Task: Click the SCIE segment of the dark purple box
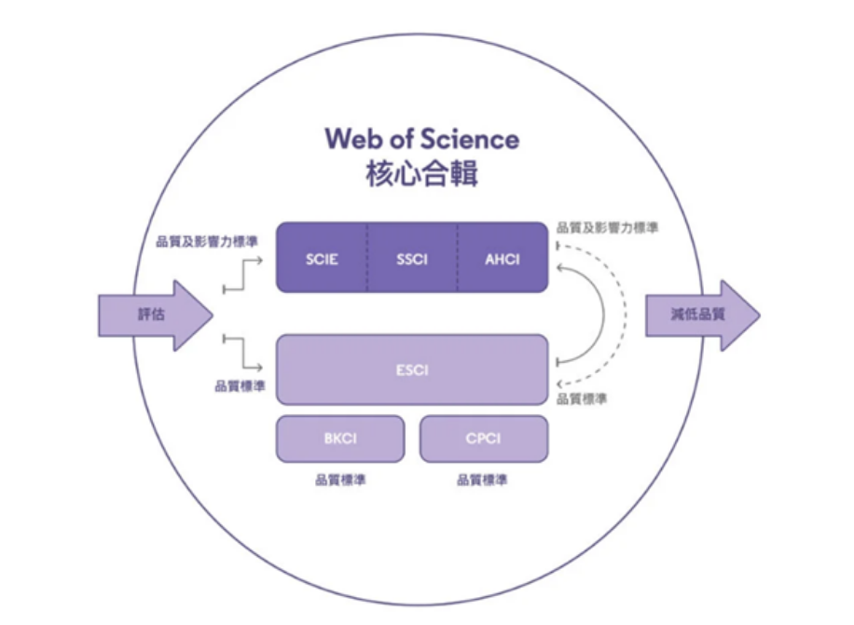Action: pyautogui.click(x=322, y=258)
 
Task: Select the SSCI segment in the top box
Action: pyautogui.click(x=411, y=258)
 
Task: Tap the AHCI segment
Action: pyautogui.click(x=502, y=258)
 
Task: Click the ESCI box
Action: pyautogui.click(x=411, y=369)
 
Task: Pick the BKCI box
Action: pyautogui.click(x=340, y=438)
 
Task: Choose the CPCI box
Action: pyautogui.click(x=483, y=438)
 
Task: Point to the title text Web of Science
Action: pyautogui.click(x=421, y=139)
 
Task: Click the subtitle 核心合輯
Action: pyautogui.click(x=421, y=174)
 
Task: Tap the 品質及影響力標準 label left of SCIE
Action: pyautogui.click(x=207, y=242)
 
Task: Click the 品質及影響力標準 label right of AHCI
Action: pyautogui.click(x=607, y=227)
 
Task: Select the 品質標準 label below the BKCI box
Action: pyautogui.click(x=340, y=481)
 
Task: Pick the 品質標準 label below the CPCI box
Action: pyautogui.click(x=483, y=481)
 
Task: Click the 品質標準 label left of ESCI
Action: pyautogui.click(x=240, y=386)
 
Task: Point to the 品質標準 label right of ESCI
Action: pyautogui.click(x=582, y=399)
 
